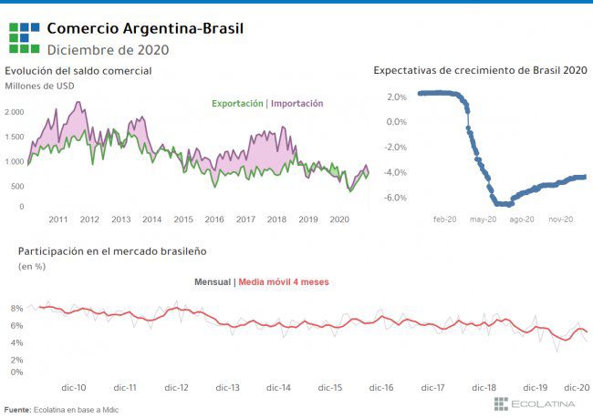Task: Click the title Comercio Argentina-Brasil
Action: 145,29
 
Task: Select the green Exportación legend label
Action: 237,104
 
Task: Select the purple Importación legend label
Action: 296,104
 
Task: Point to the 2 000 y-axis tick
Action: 16,112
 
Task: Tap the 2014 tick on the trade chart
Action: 151,219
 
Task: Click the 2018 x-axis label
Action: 276,219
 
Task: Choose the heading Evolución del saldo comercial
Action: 78,71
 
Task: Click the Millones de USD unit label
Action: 39,87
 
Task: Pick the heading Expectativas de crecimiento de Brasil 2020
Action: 480,70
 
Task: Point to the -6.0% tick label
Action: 396,198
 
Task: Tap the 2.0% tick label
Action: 397,96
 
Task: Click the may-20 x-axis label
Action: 483,219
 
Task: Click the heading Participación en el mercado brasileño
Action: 107,250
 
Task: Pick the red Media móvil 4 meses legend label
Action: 283,282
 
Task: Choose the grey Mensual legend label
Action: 213,282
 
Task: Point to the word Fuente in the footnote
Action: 16,410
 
